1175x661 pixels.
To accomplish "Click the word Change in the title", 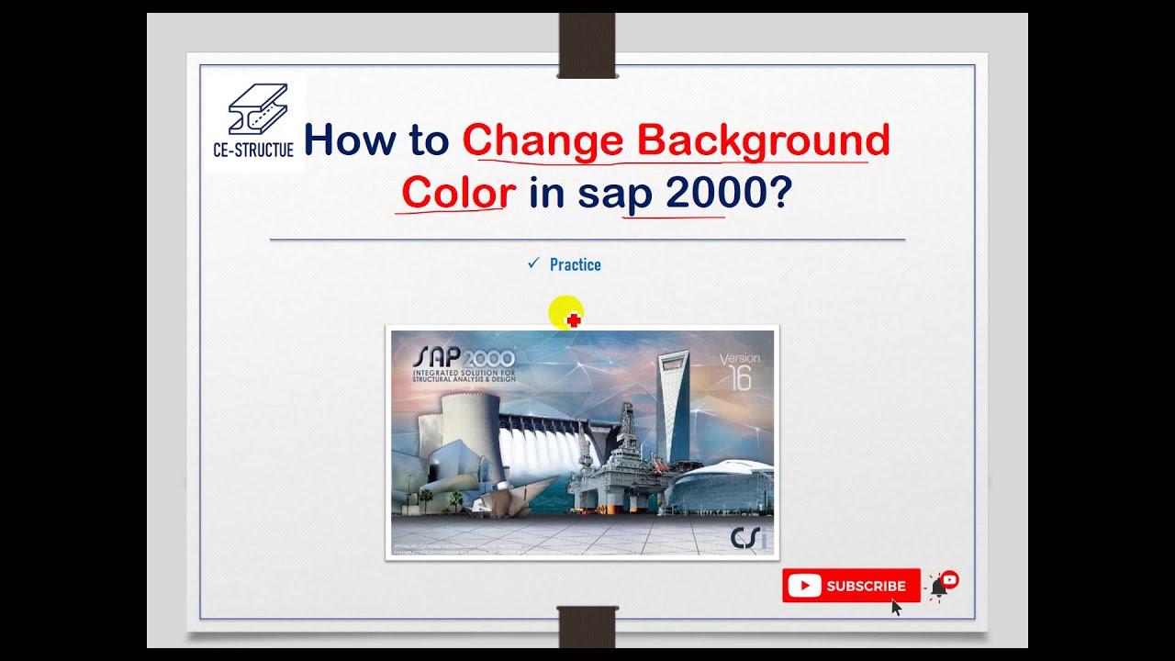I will click(x=543, y=140).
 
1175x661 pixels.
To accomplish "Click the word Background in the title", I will click(x=764, y=140).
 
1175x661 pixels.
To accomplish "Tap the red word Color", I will click(x=458, y=193).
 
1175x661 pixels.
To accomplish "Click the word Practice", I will click(x=575, y=264).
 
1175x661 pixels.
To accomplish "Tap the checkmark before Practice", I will click(x=533, y=263).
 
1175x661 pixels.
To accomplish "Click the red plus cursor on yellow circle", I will click(x=573, y=319).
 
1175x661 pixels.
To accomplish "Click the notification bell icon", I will click(x=939, y=587).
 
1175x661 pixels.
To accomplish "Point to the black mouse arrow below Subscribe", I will click(x=897, y=607).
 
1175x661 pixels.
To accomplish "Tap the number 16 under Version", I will click(x=740, y=378).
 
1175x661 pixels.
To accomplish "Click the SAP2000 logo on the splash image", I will click(x=464, y=358).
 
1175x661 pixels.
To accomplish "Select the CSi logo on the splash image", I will click(x=748, y=537).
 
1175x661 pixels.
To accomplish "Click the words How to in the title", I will click(x=376, y=140).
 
